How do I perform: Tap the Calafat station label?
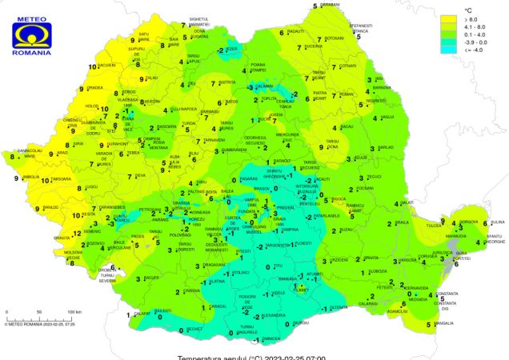(x=142, y=314)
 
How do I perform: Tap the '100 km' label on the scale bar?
(x=74, y=311)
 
